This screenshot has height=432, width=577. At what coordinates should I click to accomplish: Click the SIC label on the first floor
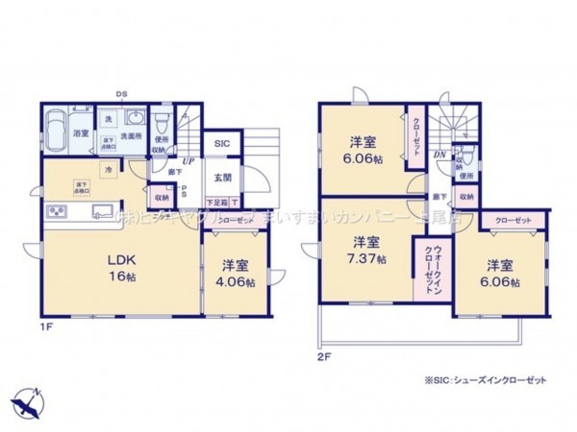coord(222,144)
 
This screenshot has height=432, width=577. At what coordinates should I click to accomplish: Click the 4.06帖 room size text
coord(236,282)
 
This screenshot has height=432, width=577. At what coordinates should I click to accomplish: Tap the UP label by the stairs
coord(188,160)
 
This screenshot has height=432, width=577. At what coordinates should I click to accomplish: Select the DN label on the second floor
coord(439,156)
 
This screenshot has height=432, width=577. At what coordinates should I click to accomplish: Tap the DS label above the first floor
coord(122,93)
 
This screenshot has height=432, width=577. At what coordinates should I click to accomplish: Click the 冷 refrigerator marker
coord(110,170)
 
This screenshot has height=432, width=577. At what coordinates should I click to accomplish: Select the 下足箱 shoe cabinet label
coord(218,204)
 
